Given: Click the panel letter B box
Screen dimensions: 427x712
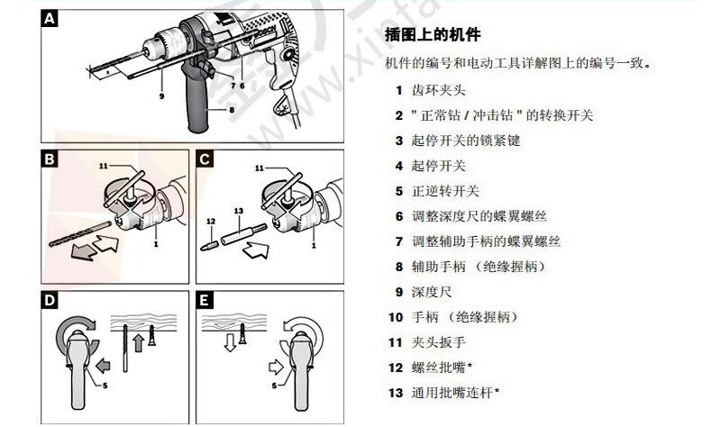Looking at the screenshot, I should [x=50, y=160].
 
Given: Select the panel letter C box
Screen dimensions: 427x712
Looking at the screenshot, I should [x=205, y=160].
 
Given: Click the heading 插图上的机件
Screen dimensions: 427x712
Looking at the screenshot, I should [x=432, y=36].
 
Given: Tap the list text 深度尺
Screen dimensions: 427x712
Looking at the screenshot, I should [x=432, y=292].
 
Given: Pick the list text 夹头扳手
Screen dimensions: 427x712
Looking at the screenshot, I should [x=440, y=342].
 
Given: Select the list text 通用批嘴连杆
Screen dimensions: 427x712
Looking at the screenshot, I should [x=456, y=393].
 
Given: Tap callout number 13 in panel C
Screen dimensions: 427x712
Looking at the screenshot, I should [x=237, y=211].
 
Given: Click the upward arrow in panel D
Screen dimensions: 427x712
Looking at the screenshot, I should [x=138, y=341].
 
